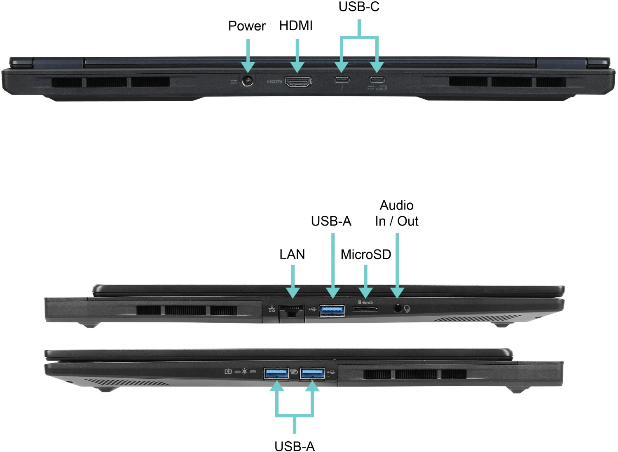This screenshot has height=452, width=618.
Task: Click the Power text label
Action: pos(247,26)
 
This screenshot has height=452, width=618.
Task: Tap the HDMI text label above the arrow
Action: pos(296,26)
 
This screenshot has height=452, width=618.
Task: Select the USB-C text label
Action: pos(359,7)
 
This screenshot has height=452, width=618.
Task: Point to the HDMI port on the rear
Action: pos(298,82)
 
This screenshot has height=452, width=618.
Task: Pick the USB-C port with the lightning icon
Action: pos(342,79)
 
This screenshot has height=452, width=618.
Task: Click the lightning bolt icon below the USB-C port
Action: pos(342,88)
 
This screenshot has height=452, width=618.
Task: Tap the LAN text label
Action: pos(292,254)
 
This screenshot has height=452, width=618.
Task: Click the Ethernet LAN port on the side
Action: pos(292,311)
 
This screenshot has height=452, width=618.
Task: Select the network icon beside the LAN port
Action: pos(272,309)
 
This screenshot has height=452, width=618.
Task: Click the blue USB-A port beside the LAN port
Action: pos(332,310)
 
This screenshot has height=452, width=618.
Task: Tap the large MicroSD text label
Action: pos(366,254)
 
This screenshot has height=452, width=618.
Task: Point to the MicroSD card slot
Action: pos(365,308)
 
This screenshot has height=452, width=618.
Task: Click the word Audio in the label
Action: pos(396,205)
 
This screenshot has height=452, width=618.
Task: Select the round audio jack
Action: pos(398,308)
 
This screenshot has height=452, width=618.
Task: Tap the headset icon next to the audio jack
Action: pos(407,308)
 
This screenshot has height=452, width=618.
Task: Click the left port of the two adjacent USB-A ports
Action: pos(276,373)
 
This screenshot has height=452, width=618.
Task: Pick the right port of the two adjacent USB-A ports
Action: pos(312,373)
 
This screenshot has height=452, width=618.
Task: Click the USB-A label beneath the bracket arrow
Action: pos(295,446)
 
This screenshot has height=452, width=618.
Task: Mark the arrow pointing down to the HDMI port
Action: pos(297,56)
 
